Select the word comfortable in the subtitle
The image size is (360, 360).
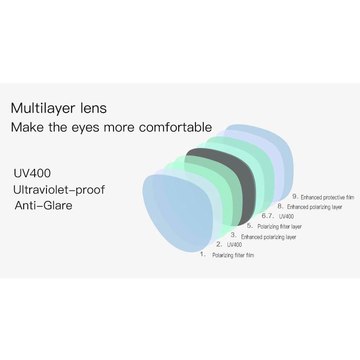175,127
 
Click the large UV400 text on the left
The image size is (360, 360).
32,174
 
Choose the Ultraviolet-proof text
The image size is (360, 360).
59,190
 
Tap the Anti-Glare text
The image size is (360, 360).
43,206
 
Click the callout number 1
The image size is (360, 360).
203,254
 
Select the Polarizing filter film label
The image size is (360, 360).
233,255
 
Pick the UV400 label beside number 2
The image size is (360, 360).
234,245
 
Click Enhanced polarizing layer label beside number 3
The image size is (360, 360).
268,237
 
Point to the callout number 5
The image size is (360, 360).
250,226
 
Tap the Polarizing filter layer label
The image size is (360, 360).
279,226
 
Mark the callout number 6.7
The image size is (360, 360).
268,216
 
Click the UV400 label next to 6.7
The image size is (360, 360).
286,216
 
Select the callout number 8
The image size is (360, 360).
280,206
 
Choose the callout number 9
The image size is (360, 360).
295,196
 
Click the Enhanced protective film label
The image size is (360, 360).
327,197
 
